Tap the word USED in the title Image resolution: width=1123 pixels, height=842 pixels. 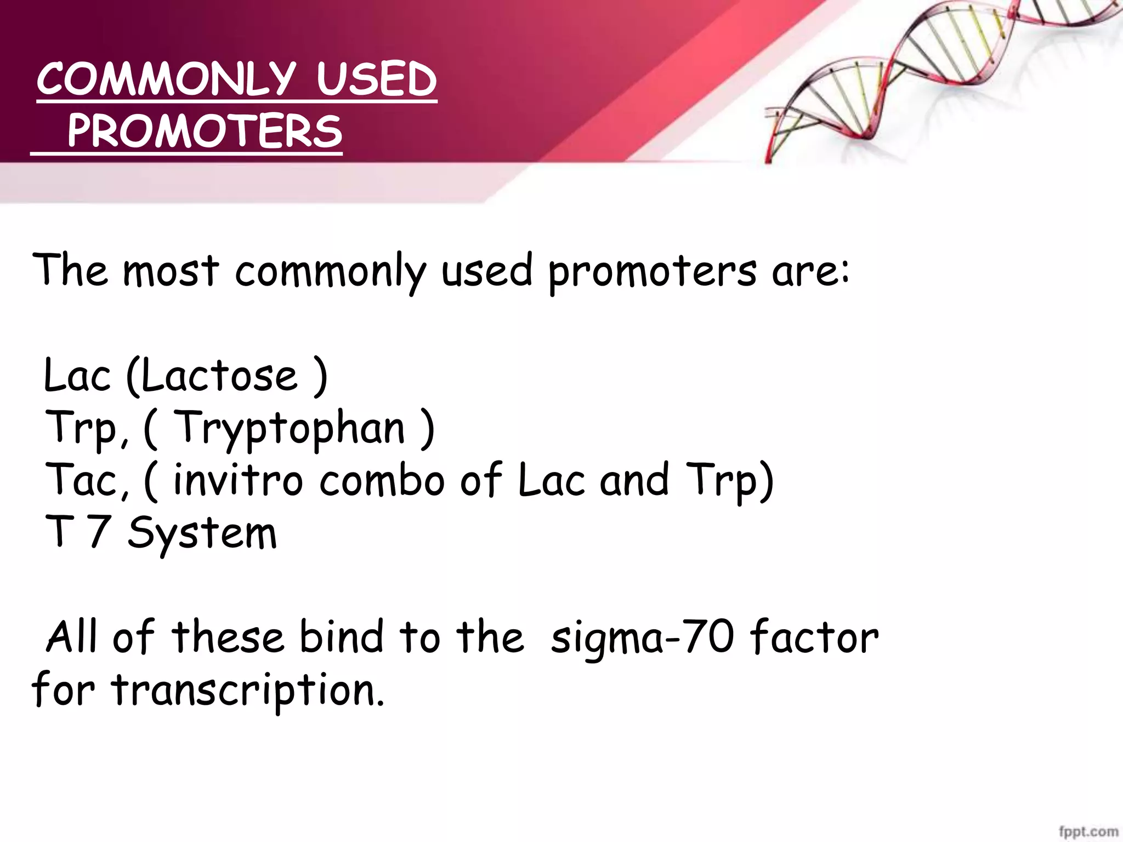click(x=376, y=79)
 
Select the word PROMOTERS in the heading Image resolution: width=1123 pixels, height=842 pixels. click(x=205, y=132)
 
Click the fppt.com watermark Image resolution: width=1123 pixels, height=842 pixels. click(x=1088, y=832)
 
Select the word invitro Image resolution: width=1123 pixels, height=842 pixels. click(x=238, y=480)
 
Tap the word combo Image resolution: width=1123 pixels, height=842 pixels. click(x=382, y=480)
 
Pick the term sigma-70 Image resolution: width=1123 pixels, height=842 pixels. click(x=642, y=638)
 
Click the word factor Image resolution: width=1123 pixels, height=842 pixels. click(x=814, y=638)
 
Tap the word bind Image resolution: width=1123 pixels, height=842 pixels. click(x=342, y=638)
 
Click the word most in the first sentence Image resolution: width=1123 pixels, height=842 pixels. click(x=171, y=271)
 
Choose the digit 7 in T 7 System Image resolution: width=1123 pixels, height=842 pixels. click(x=100, y=532)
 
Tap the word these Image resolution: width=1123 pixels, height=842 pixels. click(x=228, y=638)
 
